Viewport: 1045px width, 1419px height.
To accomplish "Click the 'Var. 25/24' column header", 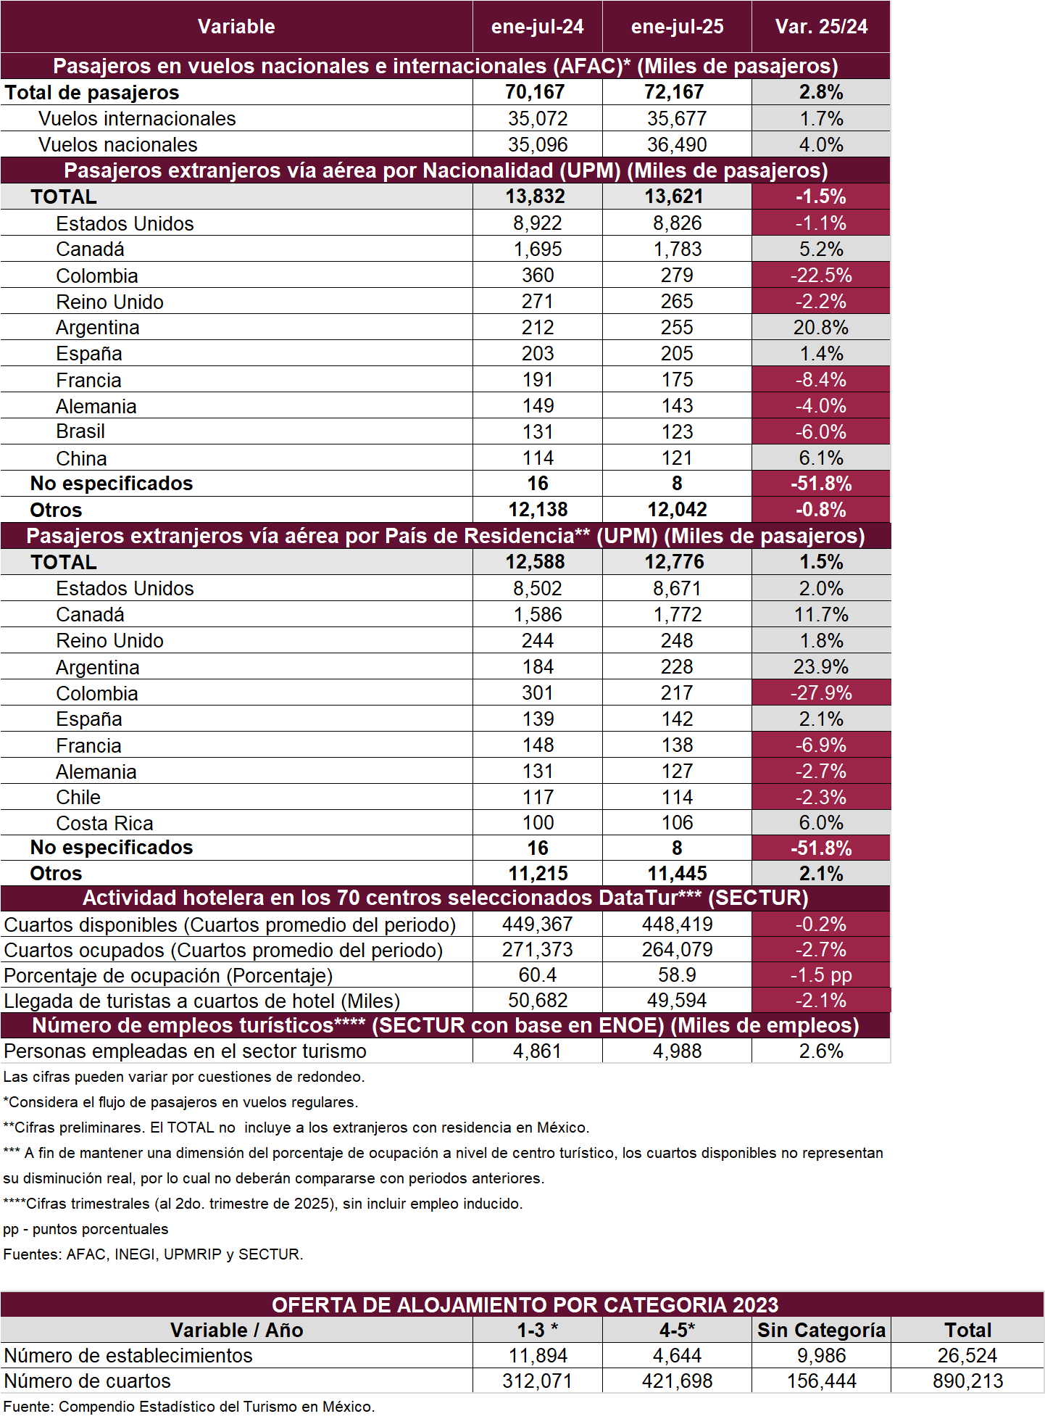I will tap(821, 27).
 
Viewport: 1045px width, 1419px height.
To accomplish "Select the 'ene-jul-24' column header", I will tap(537, 27).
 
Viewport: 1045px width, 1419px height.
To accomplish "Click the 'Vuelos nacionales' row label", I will tap(117, 144).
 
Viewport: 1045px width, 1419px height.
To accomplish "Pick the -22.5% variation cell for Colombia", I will tap(821, 275).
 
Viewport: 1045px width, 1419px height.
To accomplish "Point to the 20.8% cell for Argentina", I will tap(821, 327).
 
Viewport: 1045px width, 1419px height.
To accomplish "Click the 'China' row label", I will tap(81, 458).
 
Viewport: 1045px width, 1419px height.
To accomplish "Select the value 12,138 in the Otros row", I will tap(538, 510).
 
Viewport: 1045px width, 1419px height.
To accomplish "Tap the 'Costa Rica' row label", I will tap(104, 823).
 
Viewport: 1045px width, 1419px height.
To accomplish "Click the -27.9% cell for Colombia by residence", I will tap(821, 692).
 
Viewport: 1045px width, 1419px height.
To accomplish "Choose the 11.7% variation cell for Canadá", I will tap(821, 614).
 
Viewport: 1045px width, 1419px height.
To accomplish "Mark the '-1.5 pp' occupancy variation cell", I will tap(821, 975).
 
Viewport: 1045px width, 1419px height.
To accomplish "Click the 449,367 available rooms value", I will tap(538, 924).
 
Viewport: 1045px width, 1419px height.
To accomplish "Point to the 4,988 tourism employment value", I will tap(677, 1051).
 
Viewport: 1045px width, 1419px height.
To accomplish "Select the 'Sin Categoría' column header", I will tap(821, 1330).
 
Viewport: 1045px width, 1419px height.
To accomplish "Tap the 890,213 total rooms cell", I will tap(967, 1381).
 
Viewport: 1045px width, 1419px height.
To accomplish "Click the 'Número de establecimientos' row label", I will tap(128, 1355).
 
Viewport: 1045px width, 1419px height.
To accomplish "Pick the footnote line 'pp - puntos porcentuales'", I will tap(86, 1228).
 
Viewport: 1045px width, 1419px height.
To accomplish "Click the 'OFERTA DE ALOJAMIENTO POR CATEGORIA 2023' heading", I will tap(525, 1304).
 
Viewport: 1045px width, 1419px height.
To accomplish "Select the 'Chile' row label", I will tap(78, 797).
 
